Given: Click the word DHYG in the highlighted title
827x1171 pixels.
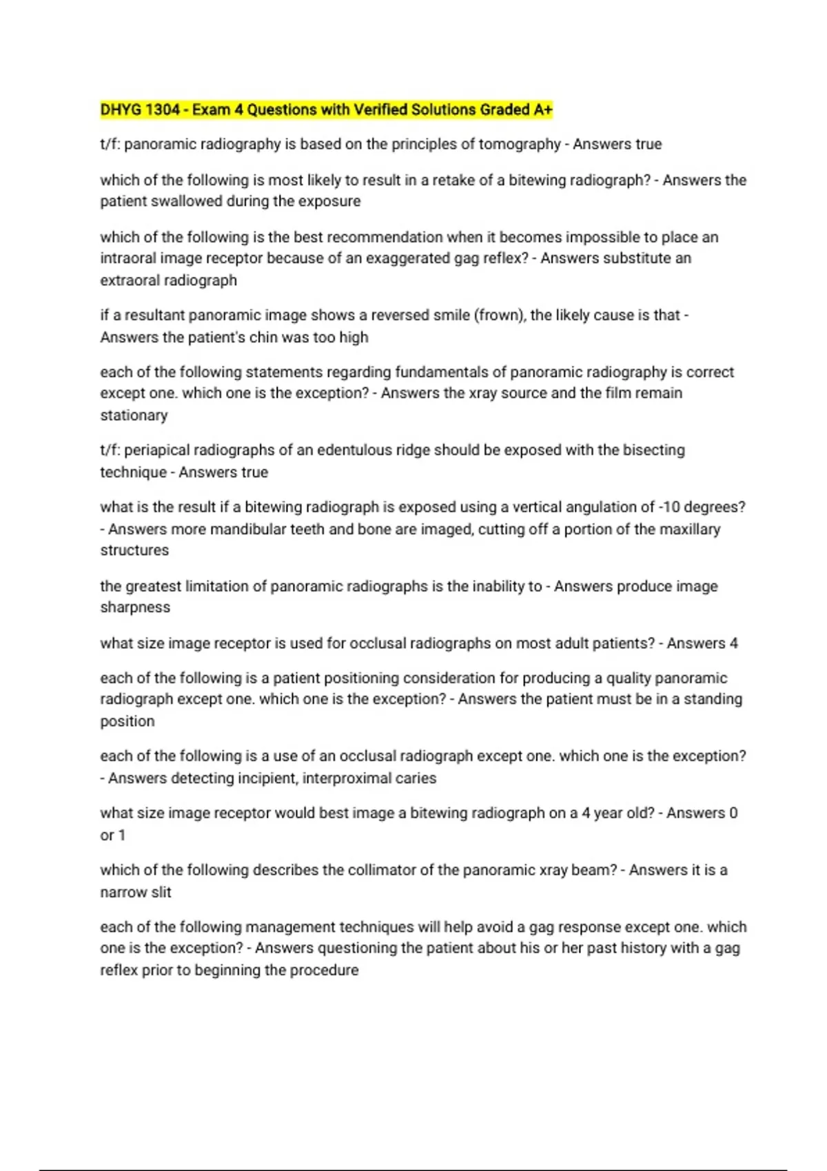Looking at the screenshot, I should [119, 110].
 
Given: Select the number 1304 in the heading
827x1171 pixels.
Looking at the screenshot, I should [163, 110].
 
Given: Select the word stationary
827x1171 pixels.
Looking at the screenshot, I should [134, 415].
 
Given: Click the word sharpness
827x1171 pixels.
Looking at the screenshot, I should [135, 608].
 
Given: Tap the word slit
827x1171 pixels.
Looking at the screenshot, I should [161, 892].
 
